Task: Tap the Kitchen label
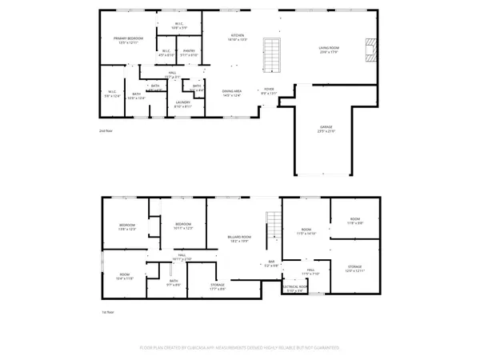[x=238, y=37]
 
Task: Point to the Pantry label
[x=189, y=52]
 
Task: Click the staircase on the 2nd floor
[x=273, y=53]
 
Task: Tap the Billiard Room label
[x=235, y=238]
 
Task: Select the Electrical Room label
[x=295, y=288]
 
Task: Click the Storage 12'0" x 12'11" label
[x=355, y=270]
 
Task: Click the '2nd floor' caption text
[x=106, y=130]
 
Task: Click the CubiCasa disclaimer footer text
[x=240, y=348]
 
